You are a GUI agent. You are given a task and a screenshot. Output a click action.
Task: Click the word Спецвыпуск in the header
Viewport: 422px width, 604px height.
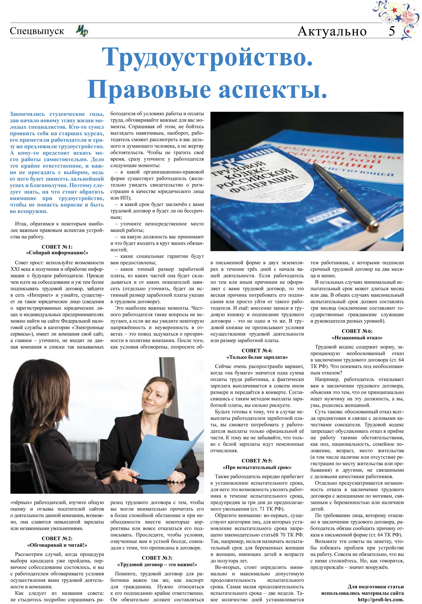point(37,31)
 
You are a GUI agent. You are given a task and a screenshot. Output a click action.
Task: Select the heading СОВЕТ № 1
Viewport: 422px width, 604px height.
point(57,247)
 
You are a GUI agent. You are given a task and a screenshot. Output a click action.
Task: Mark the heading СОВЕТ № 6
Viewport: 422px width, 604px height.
point(357,331)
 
